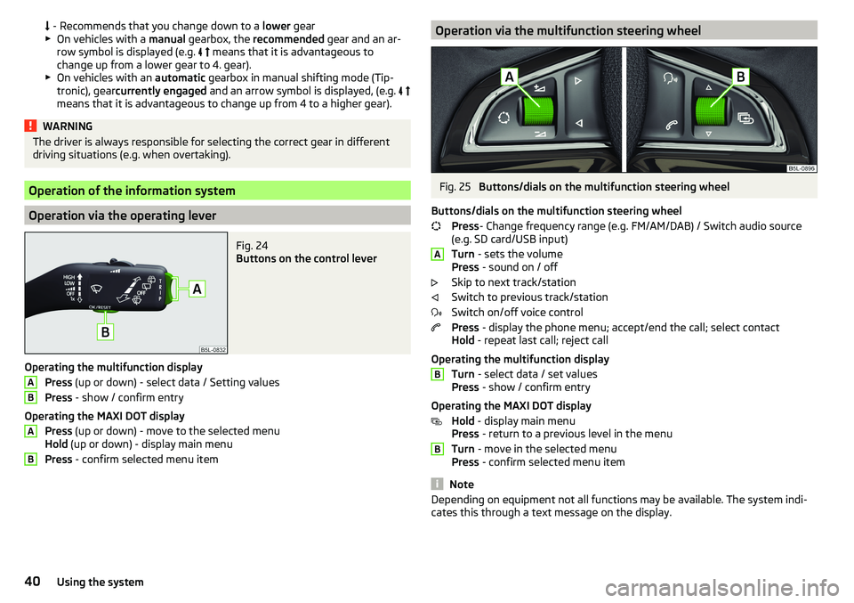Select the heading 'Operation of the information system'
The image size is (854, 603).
tap(133, 190)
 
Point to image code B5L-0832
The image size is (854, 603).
tap(213, 349)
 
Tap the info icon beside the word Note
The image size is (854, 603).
tap(437, 484)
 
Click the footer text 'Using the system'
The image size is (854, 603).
tap(99, 582)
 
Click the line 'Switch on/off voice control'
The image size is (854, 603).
tap(517, 313)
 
